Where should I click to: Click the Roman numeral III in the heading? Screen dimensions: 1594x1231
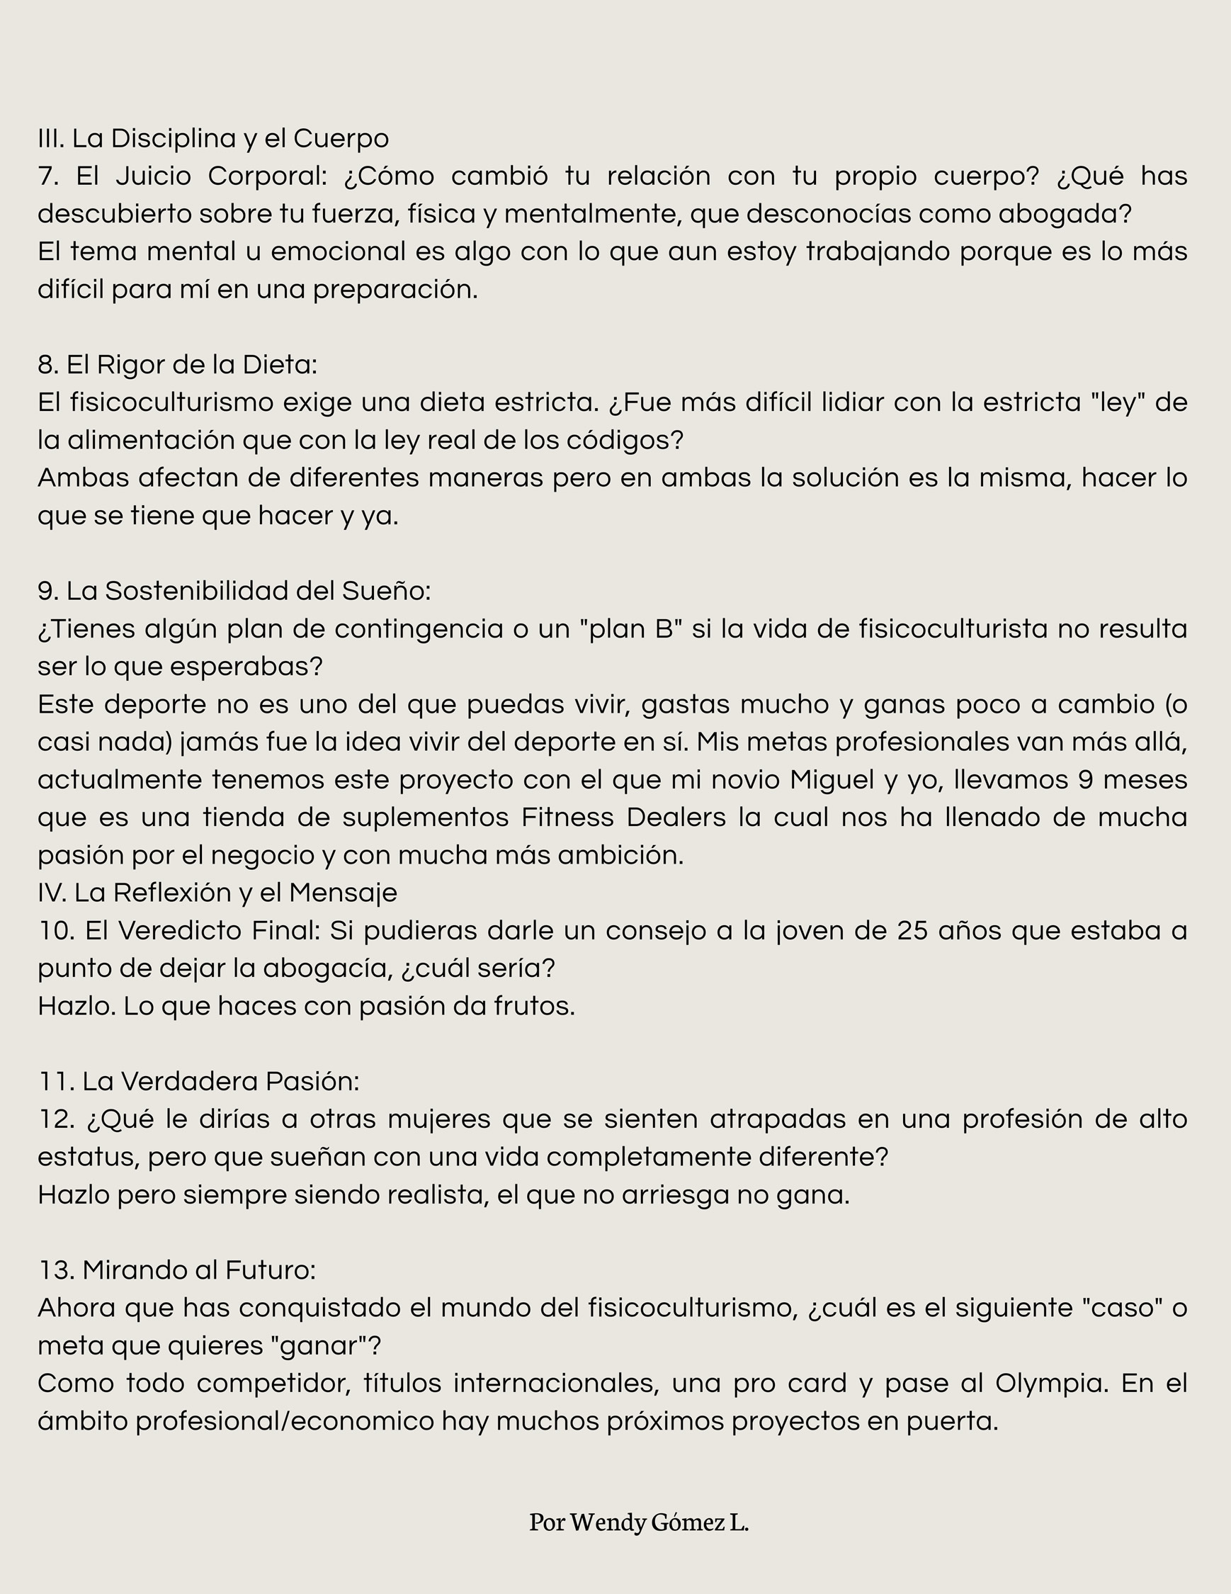point(50,138)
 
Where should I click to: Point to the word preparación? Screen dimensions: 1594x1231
point(395,290)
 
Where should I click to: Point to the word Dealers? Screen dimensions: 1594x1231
point(676,818)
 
